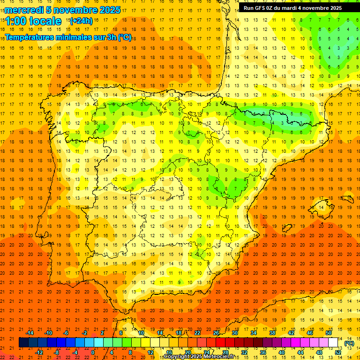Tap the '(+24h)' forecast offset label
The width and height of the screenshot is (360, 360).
[81, 21]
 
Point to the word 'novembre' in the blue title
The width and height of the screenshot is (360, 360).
[74, 10]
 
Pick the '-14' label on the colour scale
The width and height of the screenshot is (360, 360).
[30, 333]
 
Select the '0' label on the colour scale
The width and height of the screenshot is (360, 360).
[93, 352]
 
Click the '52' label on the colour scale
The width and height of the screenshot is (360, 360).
[338, 352]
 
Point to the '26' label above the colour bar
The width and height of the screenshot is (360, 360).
[216, 333]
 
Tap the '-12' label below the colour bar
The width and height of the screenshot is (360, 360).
[39, 352]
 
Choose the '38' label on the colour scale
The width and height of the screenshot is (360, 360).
[272, 333]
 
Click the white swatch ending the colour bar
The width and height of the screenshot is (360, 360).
[333, 343]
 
